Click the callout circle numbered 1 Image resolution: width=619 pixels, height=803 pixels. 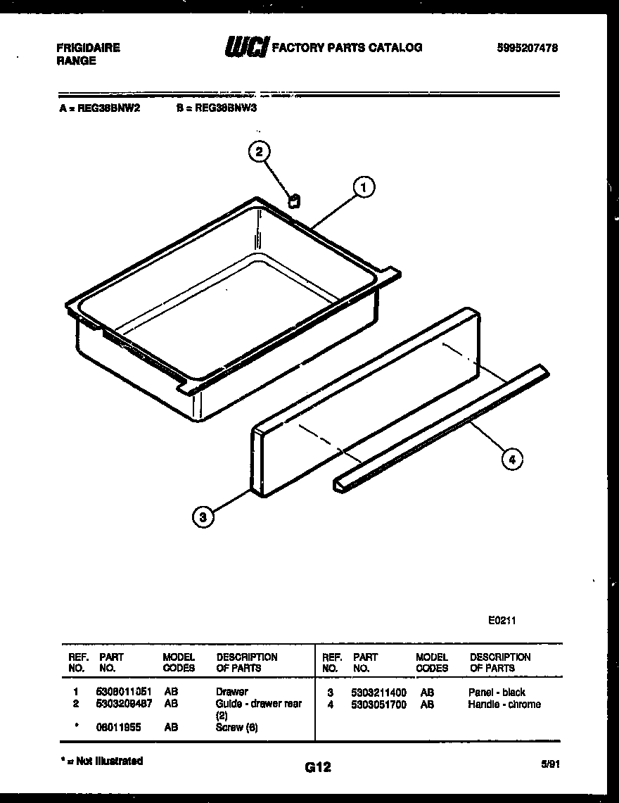[x=364, y=187]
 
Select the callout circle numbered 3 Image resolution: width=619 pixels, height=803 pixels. [x=203, y=518]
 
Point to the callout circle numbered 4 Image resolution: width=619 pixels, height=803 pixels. [x=511, y=460]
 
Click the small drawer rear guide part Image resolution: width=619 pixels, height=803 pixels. [x=295, y=201]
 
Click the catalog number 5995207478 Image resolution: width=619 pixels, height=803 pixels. [x=528, y=48]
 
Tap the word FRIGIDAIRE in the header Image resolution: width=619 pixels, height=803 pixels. [x=88, y=48]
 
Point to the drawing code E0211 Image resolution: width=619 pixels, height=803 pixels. [x=502, y=621]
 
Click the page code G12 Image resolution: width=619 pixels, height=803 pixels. [x=318, y=767]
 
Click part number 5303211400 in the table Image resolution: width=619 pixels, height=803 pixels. [x=379, y=693]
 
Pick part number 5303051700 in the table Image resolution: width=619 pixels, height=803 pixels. [x=379, y=704]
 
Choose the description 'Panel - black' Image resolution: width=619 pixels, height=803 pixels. [x=497, y=693]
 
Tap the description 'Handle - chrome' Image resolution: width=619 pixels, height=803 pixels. [x=504, y=704]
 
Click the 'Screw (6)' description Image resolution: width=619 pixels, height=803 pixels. [x=236, y=728]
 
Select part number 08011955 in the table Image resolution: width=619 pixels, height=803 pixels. [x=119, y=728]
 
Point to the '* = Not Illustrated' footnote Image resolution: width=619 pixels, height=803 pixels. [x=102, y=761]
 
